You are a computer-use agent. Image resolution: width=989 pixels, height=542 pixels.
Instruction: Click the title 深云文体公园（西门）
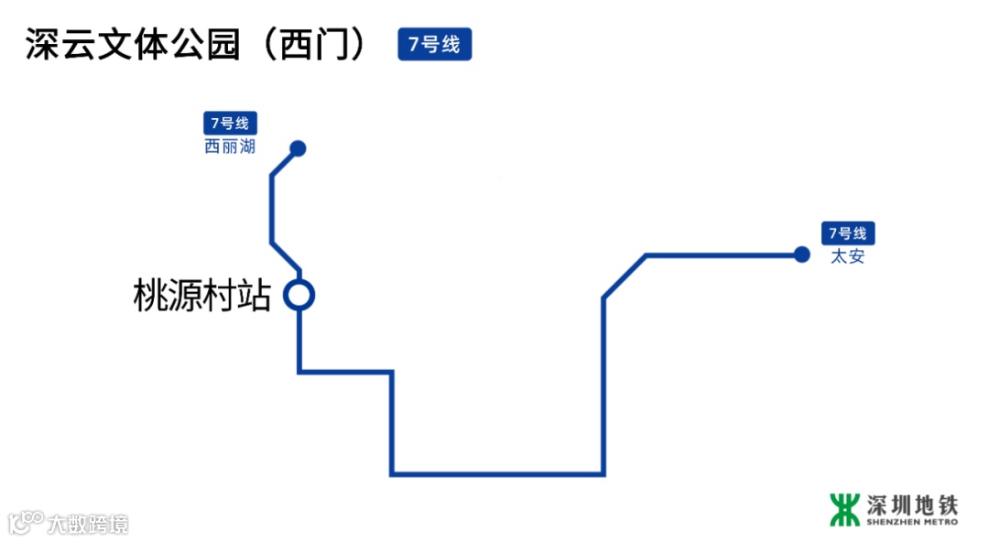197,45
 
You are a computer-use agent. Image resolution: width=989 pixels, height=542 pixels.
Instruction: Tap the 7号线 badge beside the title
434,44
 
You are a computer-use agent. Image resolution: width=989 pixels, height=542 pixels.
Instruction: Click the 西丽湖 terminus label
230,146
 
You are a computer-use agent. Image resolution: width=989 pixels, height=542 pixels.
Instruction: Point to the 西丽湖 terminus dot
297,148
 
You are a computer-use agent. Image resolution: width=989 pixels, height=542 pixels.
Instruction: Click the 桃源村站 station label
202,296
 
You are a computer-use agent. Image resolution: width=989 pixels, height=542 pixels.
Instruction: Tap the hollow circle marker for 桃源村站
299,295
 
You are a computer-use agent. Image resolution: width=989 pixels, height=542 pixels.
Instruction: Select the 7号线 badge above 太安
848,233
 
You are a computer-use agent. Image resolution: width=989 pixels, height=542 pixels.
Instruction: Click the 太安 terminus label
848,256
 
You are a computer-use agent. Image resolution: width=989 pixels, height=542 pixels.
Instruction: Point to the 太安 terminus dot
801,255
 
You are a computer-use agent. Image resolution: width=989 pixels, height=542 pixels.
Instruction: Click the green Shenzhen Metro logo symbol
844,510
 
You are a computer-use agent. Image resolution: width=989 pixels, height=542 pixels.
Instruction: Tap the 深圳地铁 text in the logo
912,504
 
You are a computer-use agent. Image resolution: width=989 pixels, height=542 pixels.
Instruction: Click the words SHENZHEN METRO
912,523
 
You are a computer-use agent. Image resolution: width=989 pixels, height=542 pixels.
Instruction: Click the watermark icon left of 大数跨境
26,522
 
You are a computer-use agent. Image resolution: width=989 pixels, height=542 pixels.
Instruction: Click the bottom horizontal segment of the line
497,474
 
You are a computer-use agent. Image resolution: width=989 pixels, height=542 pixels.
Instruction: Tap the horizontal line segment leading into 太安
723,255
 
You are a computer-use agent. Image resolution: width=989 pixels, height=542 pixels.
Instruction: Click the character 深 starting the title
42,45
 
